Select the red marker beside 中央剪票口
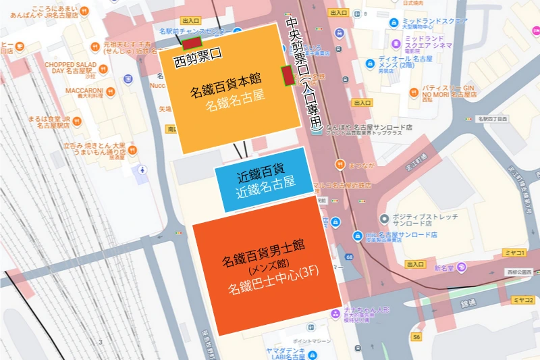click(287, 76)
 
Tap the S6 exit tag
click(416, 336)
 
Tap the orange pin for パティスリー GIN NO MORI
click(414, 88)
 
